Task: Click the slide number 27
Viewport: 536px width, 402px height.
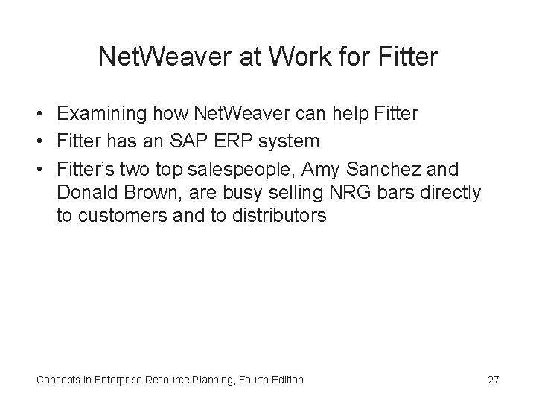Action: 493,380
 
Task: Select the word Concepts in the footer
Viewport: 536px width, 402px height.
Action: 60,380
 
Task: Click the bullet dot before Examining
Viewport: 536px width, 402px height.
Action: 44,115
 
